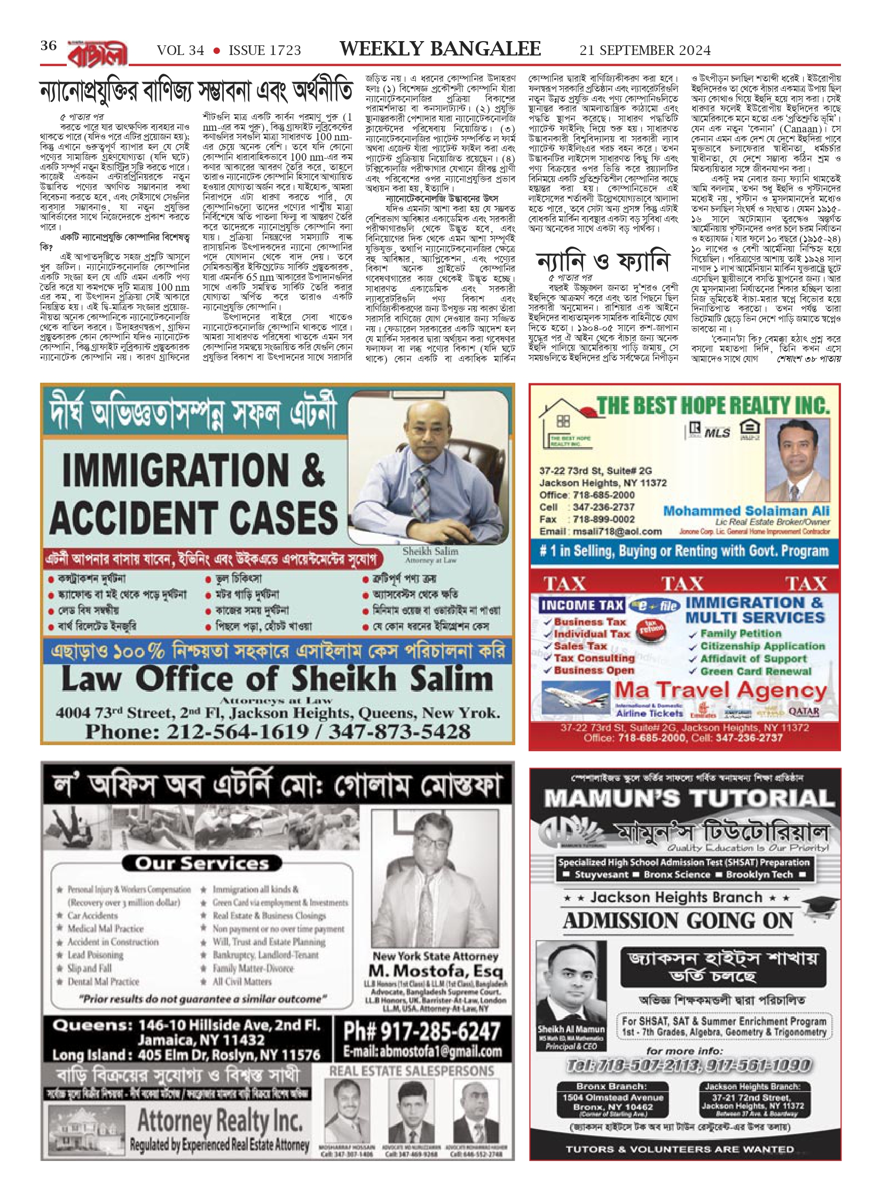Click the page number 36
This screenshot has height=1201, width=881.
pyautogui.click(x=48, y=46)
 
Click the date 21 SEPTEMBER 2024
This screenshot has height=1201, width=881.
pyautogui.click(x=645, y=50)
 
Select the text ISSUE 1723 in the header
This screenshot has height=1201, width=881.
pyautogui.click(x=264, y=50)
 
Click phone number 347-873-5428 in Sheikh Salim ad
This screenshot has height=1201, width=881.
pyautogui.click(x=399, y=731)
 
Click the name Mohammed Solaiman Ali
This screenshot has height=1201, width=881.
pyautogui.click(x=746, y=511)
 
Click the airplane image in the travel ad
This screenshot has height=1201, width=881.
pyautogui.click(x=575, y=697)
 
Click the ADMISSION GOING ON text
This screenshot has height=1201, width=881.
pyautogui.click(x=678, y=921)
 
